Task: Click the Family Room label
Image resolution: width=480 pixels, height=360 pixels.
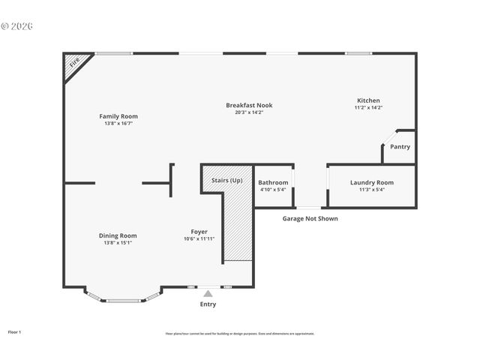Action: coord(118,116)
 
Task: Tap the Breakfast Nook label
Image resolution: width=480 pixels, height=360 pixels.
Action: coord(248,105)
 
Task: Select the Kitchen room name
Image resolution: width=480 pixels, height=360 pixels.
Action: coord(367,100)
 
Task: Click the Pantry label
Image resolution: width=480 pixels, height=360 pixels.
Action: coord(400,147)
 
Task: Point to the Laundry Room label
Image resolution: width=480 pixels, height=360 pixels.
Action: coord(371,182)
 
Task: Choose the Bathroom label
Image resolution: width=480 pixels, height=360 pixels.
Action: coord(273,182)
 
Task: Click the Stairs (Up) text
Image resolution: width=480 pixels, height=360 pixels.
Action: coord(226,181)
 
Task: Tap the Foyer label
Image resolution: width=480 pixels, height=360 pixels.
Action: coord(199,232)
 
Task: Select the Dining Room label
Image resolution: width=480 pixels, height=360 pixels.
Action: coord(118,235)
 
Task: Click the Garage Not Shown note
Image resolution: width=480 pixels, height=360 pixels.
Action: coord(310,219)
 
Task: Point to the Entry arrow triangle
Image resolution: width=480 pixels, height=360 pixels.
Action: coord(208,294)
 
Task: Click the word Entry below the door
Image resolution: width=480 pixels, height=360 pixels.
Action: coord(208,304)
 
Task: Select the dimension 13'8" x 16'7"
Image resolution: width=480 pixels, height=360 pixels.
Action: coord(118,123)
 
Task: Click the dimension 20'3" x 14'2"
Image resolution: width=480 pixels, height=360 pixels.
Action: coord(248,112)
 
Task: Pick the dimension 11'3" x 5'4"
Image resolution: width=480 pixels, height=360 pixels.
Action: coord(371,190)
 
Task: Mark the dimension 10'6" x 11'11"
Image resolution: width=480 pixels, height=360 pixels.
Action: coord(199,239)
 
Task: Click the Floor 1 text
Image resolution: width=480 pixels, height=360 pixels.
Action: coord(14,331)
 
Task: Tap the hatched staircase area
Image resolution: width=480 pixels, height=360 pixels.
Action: coord(238,225)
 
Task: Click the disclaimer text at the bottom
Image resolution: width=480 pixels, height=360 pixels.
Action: coord(239,334)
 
